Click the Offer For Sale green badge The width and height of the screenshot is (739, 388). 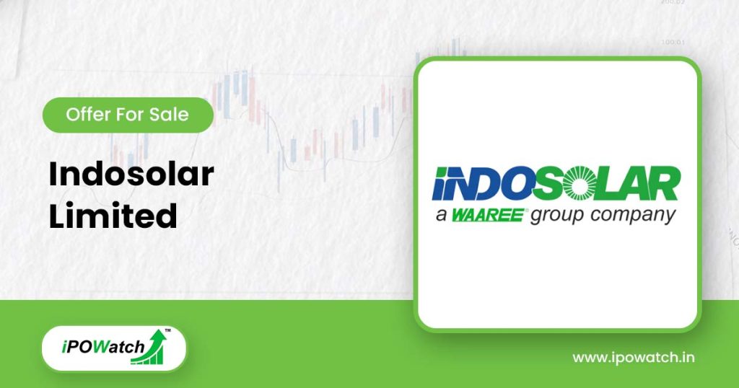(128, 115)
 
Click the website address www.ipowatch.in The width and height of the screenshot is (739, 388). (634, 358)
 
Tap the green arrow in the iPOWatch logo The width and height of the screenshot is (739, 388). (154, 345)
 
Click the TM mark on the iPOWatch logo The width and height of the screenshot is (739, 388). (167, 331)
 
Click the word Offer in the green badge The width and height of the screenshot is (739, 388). (85, 115)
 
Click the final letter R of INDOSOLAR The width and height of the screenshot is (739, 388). (666, 185)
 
